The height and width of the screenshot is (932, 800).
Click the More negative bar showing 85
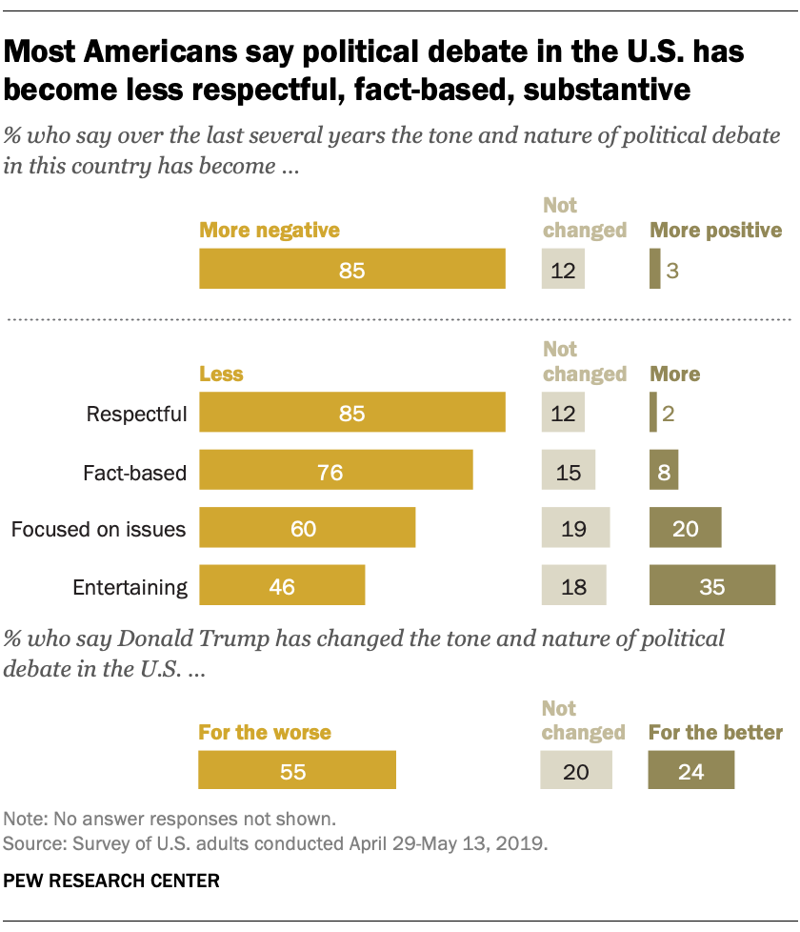[351, 270]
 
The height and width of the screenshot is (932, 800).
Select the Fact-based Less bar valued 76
[335, 471]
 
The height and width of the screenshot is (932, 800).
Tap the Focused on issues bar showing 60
[307, 528]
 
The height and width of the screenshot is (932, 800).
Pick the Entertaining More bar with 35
[711, 585]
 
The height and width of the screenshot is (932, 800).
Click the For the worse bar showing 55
[296, 771]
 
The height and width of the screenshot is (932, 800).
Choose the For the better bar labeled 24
[690, 771]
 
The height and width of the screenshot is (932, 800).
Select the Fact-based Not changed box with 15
[568, 471]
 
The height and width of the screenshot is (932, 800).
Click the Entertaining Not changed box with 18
[573, 585]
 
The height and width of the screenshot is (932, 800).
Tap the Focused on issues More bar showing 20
[685, 528]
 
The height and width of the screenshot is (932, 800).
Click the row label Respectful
[136, 415]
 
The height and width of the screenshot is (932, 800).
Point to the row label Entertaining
[130, 586]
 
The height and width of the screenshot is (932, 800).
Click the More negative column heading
[269, 230]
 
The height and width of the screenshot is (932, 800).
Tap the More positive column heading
[715, 230]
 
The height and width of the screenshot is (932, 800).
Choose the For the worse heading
[265, 733]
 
